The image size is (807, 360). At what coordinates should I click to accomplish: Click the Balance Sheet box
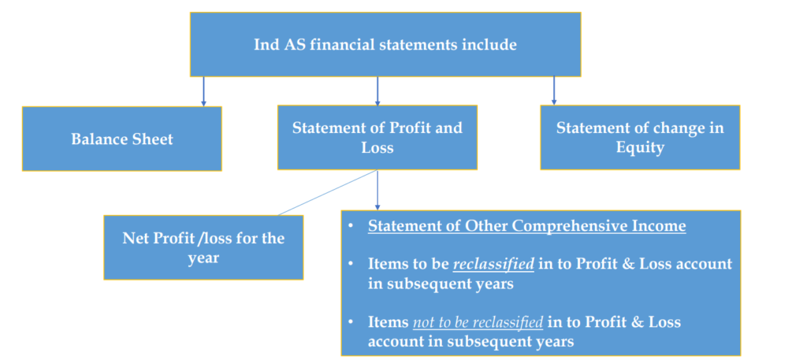pyautogui.click(x=121, y=139)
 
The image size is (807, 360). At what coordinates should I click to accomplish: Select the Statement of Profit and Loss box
pyautogui.click(x=377, y=137)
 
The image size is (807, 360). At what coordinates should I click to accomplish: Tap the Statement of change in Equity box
pyautogui.click(x=640, y=137)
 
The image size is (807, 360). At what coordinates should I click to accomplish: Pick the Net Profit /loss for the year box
pyautogui.click(x=203, y=247)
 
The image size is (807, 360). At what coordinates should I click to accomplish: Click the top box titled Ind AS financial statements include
pyautogui.click(x=385, y=44)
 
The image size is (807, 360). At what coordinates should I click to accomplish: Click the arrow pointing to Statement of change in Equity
pyautogui.click(x=553, y=91)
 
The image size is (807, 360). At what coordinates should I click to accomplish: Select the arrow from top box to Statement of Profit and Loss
pyautogui.click(x=377, y=91)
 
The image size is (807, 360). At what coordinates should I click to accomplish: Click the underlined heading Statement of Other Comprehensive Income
pyautogui.click(x=527, y=227)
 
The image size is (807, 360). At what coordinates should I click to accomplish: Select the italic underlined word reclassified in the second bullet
pyautogui.click(x=494, y=264)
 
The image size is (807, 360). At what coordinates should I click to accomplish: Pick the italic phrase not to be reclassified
pyautogui.click(x=478, y=322)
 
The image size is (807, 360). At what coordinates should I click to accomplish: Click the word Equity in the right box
pyautogui.click(x=640, y=147)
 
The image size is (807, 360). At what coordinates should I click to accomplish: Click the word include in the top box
pyautogui.click(x=487, y=45)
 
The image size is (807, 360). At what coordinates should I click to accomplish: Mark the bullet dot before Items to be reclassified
pyautogui.click(x=351, y=264)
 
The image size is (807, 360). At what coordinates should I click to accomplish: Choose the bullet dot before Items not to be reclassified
pyautogui.click(x=351, y=322)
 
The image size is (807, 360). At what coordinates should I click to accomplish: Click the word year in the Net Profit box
pyautogui.click(x=203, y=258)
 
